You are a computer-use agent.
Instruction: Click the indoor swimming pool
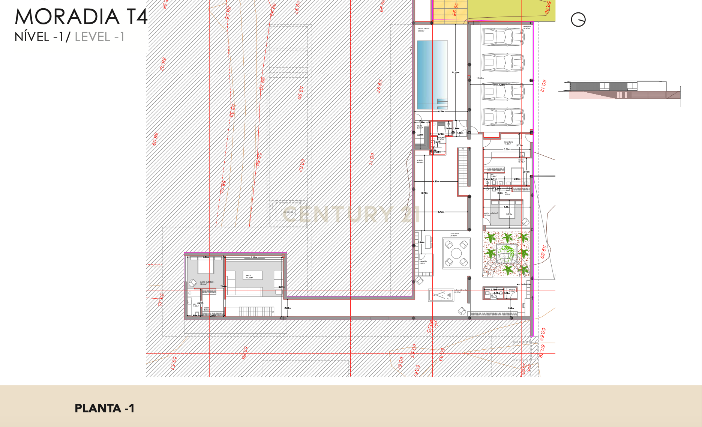(x=432, y=72)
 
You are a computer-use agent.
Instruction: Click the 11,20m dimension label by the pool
(x=456, y=72)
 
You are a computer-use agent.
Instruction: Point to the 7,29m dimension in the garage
(x=502, y=85)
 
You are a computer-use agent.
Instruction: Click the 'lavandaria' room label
(x=508, y=143)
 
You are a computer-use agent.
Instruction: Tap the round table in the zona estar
(x=456, y=253)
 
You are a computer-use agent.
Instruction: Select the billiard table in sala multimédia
(x=441, y=295)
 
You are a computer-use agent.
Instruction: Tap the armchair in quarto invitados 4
(x=192, y=283)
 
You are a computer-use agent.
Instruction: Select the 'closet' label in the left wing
(x=206, y=308)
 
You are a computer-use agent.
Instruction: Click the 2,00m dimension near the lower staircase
(x=288, y=308)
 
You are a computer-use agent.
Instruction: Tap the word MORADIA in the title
(x=67, y=17)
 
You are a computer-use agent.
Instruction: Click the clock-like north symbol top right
(x=578, y=20)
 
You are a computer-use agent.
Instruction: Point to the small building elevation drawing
(x=619, y=90)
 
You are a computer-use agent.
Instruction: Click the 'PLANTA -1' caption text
(x=104, y=408)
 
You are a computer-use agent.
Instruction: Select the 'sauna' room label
(x=419, y=126)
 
